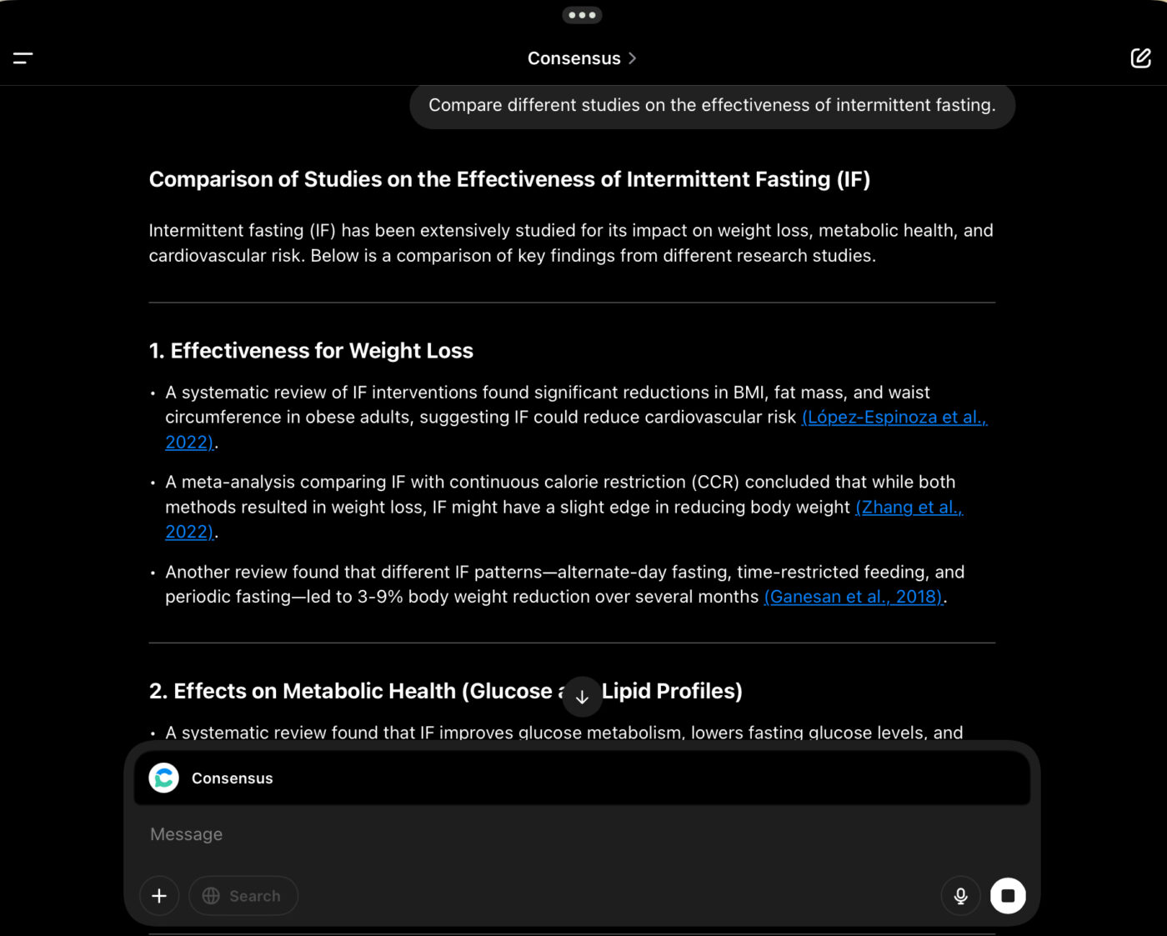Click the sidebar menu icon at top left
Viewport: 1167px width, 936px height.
coord(23,58)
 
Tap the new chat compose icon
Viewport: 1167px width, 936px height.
coord(1140,58)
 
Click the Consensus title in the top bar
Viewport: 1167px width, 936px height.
coord(574,58)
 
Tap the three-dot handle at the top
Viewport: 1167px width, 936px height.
coord(582,15)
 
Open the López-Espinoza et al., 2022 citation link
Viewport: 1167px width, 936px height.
coord(894,418)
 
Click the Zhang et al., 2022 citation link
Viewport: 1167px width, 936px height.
coord(909,508)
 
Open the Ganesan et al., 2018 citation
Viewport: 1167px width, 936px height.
coord(854,597)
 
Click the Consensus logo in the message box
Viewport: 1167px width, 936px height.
coord(164,778)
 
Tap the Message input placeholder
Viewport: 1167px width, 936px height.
coord(187,834)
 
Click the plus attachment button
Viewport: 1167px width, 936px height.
coord(159,896)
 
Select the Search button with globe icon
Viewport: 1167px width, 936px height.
coord(243,896)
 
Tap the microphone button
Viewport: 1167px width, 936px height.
coord(960,896)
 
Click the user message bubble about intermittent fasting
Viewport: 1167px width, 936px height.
coord(712,106)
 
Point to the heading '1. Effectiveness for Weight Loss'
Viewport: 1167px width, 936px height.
coord(311,351)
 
